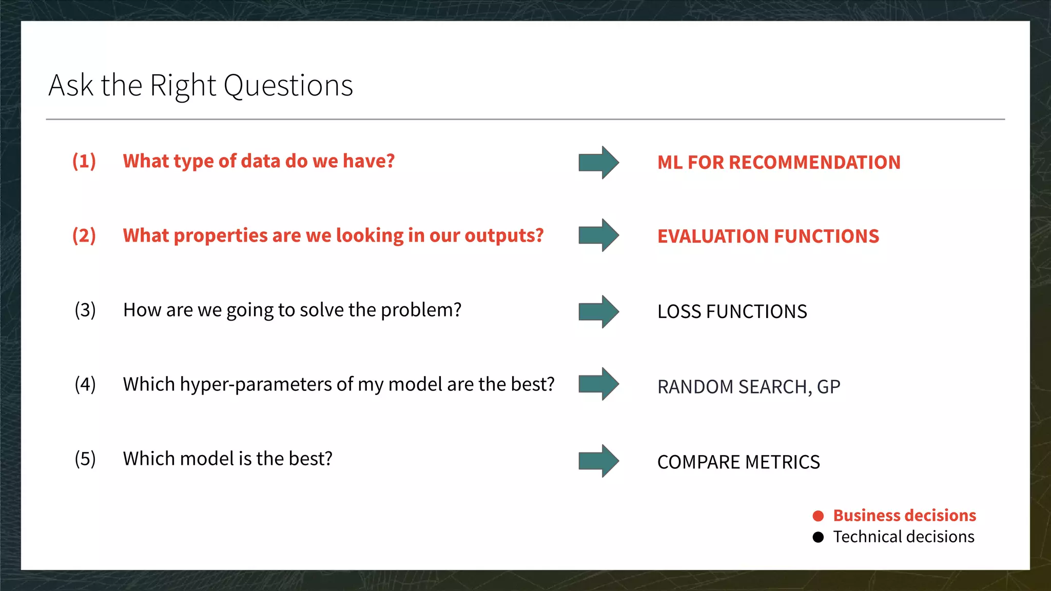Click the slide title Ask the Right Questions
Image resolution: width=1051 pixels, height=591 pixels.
[201, 85]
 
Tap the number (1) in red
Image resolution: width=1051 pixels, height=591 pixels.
[84, 161]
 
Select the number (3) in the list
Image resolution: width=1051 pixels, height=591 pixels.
[85, 310]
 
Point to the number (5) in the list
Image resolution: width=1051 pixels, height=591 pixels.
[85, 459]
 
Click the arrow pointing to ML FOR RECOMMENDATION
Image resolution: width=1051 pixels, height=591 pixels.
[598, 163]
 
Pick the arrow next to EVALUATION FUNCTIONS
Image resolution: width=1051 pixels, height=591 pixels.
[598, 235]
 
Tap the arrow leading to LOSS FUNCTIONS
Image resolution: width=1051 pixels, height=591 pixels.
[598, 311]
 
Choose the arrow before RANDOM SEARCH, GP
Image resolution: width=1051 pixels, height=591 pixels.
[598, 384]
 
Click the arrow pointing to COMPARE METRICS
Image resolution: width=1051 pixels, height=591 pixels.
[598, 461]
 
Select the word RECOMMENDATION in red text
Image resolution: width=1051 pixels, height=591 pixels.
[814, 163]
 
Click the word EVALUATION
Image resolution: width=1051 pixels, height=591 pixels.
[712, 237]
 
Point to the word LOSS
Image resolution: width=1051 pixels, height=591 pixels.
[679, 312]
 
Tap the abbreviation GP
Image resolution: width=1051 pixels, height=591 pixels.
[828, 387]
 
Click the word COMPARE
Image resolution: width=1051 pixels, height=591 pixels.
[698, 462]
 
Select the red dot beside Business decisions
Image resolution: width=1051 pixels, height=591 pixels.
[818, 516]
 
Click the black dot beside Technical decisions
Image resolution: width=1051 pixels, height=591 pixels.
[818, 537]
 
